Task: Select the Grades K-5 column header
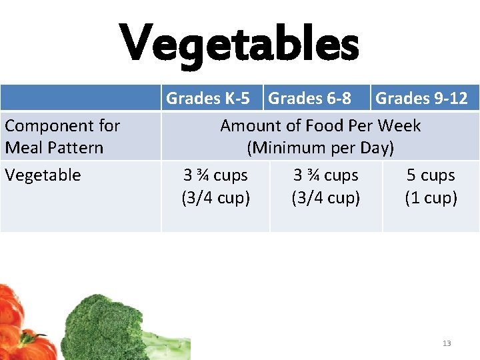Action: pos(208,99)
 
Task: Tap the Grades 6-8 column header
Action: pos(309,99)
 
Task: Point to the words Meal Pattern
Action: pos(54,147)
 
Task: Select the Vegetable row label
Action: pos(43,175)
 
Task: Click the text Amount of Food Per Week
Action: pos(320,125)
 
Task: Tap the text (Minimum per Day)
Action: pos(321,147)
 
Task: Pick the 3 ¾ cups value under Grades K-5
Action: pos(215,175)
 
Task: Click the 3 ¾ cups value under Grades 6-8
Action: pos(326,175)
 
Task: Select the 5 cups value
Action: pos(431,175)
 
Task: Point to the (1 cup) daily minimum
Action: pos(431,198)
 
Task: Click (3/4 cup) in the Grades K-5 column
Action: pos(215,198)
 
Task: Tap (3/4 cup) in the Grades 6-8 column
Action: pos(326,198)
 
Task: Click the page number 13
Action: pos(447,343)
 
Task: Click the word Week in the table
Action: pos(399,125)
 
